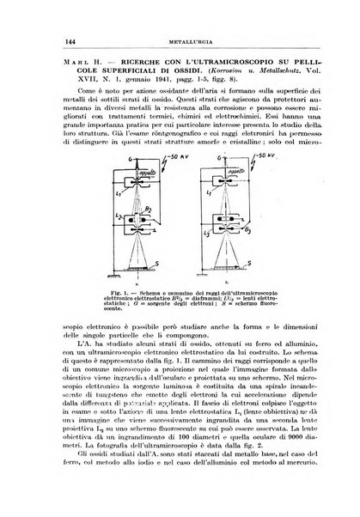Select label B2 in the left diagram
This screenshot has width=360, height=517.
point(149,231)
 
